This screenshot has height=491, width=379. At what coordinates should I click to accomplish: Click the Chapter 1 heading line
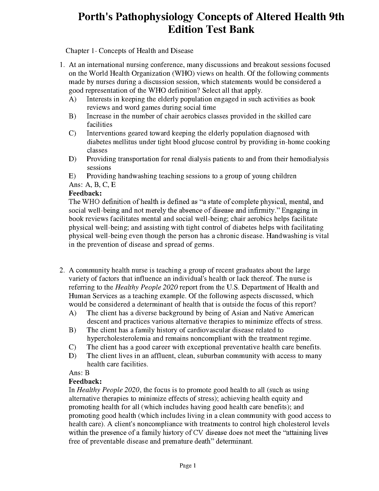coord(129,51)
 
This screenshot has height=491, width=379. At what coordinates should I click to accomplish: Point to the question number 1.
coord(62,65)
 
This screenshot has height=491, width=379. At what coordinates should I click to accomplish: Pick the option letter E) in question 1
coord(72,176)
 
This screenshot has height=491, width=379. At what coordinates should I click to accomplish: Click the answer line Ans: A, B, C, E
coord(92,185)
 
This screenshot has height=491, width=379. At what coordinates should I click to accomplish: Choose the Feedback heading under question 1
coord(85,193)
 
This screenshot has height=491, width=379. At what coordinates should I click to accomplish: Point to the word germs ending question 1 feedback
coord(205,245)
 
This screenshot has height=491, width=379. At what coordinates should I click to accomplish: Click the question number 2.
coord(62,270)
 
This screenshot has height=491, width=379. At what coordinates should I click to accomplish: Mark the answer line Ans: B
coord(79,373)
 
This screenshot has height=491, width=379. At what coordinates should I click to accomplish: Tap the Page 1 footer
coord(188,466)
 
